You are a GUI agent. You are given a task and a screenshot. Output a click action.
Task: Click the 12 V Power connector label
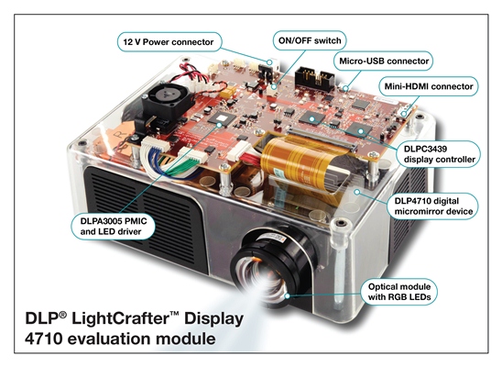pyautogui.click(x=169, y=41)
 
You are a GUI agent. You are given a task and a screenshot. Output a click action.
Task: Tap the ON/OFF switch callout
pyautogui.click(x=310, y=40)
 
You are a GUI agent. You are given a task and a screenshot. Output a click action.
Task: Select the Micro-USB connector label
pyautogui.click(x=384, y=61)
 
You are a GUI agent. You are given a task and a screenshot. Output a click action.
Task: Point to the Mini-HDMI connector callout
pyautogui.click(x=429, y=86)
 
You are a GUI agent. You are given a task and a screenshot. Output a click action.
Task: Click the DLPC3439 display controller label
pyautogui.click(x=439, y=154)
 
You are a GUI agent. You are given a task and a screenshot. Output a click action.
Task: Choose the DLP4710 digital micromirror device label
pyautogui.click(x=433, y=206)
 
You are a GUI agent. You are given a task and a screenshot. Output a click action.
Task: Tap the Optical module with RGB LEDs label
pyautogui.click(x=398, y=292)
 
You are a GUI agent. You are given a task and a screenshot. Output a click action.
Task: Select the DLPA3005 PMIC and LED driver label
pyautogui.click(x=114, y=227)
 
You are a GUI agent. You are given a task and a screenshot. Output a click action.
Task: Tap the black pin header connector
pyautogui.click(x=315, y=78)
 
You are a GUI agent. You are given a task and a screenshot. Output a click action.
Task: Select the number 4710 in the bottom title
pyautogui.click(x=43, y=339)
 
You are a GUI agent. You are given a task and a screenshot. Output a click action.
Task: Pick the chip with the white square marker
pyautogui.click(x=220, y=119)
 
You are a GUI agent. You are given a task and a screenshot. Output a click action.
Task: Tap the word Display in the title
pyautogui.click(x=213, y=319)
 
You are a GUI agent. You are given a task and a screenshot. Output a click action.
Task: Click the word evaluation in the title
pyautogui.click(x=111, y=339)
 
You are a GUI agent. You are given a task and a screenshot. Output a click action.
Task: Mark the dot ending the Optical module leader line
pyautogui.click(x=288, y=295)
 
